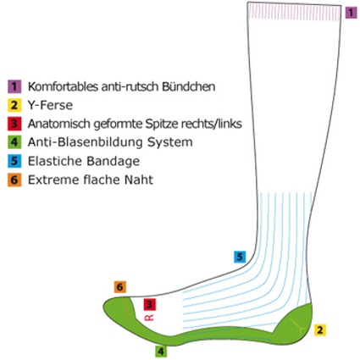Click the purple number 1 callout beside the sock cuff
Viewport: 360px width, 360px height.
(351, 13)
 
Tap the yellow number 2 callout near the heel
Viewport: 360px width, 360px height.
(320, 330)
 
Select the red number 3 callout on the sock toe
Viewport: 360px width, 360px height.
(149, 304)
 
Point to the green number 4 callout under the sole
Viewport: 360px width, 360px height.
(161, 352)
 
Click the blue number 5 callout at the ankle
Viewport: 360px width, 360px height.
(240, 257)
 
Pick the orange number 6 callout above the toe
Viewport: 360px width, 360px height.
(120, 287)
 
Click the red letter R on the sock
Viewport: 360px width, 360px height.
(149, 318)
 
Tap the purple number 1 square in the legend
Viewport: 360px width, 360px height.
(14, 86)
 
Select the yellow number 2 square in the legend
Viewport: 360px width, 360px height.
(14, 105)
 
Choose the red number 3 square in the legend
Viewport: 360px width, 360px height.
(14, 124)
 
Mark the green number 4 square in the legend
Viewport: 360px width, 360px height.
(14, 142)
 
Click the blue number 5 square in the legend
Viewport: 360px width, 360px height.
(14, 161)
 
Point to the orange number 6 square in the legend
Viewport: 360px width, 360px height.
(14, 180)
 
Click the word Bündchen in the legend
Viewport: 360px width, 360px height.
(188, 86)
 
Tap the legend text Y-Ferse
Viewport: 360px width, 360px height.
(50, 105)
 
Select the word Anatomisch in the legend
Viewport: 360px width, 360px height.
(59, 124)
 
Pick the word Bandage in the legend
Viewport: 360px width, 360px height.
(113, 162)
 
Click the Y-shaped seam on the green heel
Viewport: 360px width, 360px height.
(298, 325)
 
